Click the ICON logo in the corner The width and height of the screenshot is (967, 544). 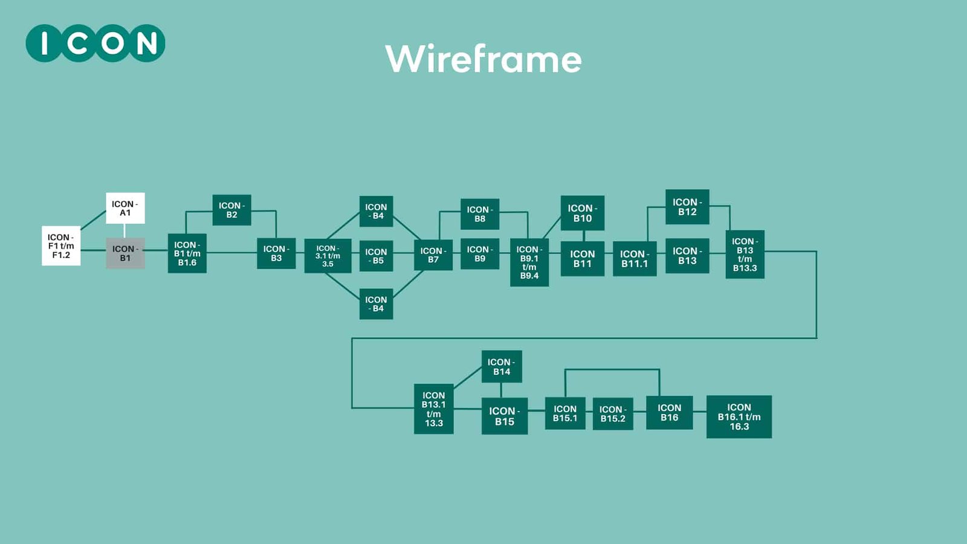(95, 44)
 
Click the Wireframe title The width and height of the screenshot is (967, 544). (483, 59)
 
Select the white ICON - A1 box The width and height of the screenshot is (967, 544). (125, 209)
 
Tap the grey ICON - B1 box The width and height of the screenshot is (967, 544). (125, 253)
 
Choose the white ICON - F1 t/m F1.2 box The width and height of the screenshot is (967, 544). (61, 246)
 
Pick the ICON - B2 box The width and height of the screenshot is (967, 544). (231, 210)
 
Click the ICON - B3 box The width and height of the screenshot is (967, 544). (276, 253)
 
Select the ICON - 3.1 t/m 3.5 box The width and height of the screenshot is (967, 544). (328, 256)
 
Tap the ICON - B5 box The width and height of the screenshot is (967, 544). (376, 256)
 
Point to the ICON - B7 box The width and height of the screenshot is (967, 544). (433, 255)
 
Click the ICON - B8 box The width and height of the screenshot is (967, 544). (480, 214)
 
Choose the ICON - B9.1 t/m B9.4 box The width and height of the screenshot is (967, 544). (529, 262)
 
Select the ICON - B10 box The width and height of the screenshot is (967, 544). (583, 213)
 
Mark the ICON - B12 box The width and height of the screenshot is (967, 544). (687, 207)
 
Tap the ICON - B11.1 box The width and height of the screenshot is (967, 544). (635, 259)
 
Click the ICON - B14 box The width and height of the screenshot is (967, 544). (502, 366)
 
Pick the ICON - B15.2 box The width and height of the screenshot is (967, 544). (613, 414)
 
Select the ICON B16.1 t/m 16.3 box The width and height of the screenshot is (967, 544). (739, 416)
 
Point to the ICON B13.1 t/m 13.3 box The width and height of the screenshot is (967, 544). (433, 409)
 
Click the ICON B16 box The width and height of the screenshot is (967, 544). (669, 413)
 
